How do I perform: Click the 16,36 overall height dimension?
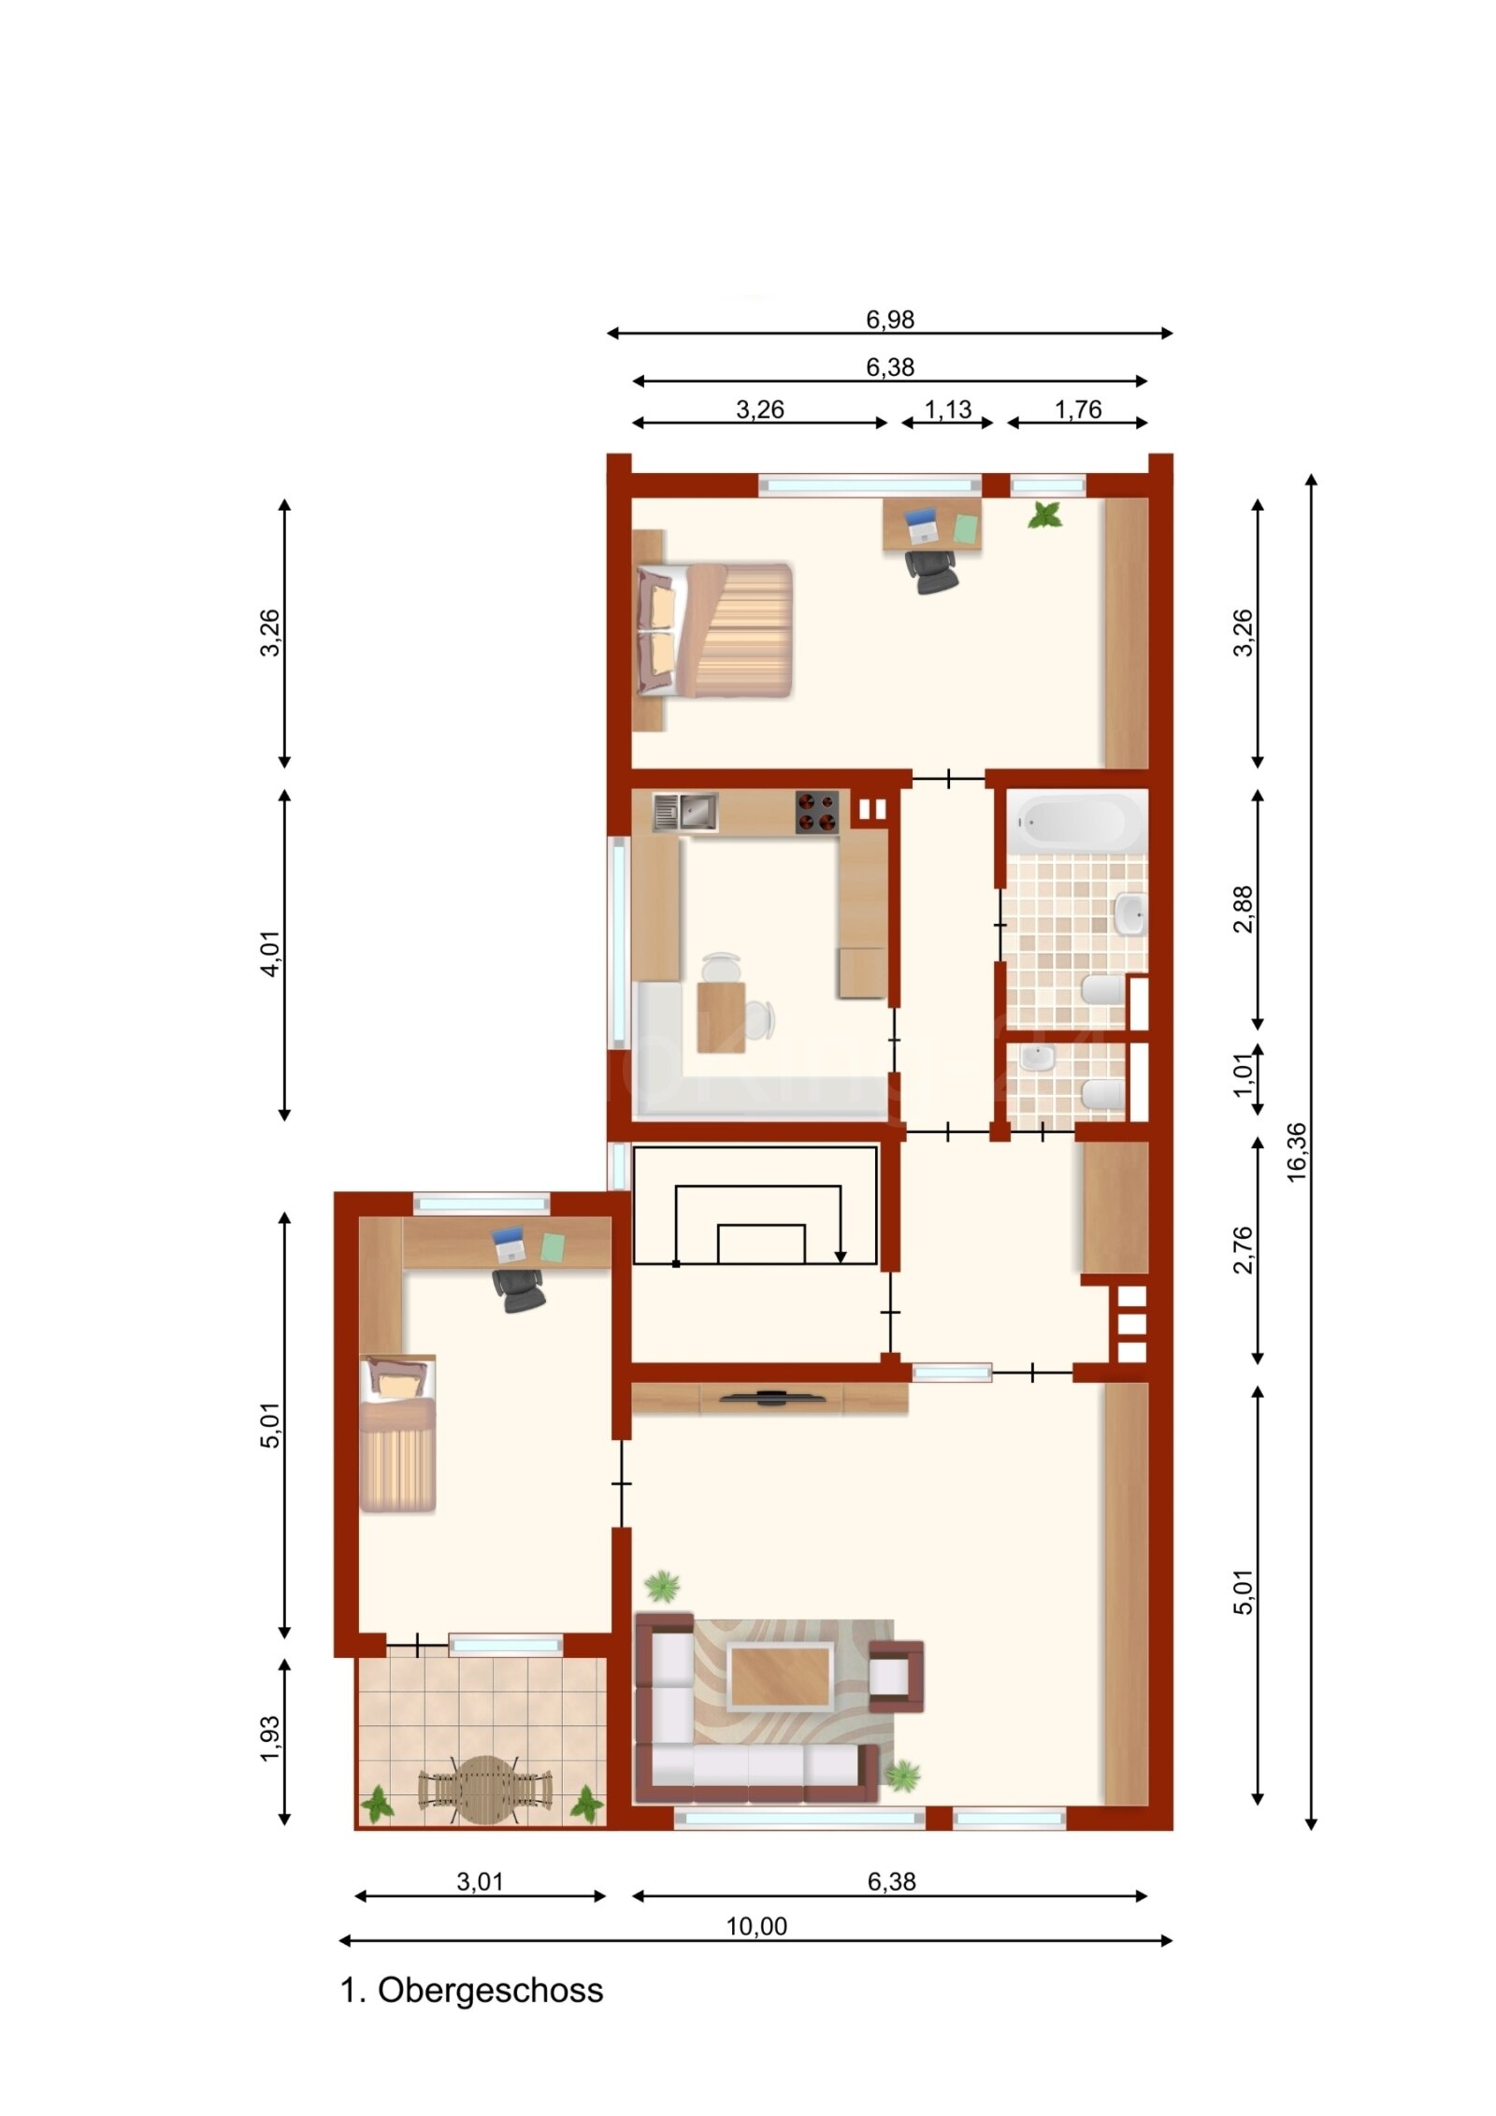pos(1296,1152)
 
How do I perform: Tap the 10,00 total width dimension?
pos(755,1925)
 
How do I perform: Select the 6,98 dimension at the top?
pos(888,320)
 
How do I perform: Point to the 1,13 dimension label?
pos(947,410)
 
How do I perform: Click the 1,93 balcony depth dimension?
pos(270,1738)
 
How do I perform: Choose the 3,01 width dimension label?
pos(480,1881)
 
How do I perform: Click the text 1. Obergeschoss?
pos(471,1990)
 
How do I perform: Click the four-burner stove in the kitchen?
pos(816,812)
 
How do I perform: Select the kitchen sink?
pos(685,812)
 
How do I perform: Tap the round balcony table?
pos(484,1789)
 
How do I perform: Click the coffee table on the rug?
pos(781,1677)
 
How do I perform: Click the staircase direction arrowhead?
pos(840,1255)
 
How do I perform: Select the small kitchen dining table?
pos(721,1016)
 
